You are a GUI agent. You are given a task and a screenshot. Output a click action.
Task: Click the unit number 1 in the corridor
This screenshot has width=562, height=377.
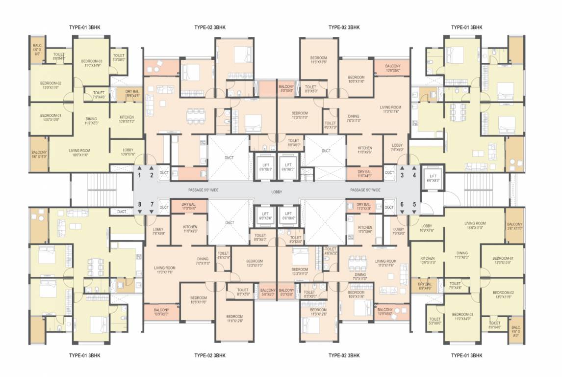[140, 175]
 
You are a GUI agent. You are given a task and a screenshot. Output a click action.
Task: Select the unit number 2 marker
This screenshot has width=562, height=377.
[152, 175]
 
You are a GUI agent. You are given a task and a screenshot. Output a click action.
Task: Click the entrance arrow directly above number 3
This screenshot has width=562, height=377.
[402, 167]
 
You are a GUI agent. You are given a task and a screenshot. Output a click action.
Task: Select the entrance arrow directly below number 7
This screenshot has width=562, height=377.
[152, 212]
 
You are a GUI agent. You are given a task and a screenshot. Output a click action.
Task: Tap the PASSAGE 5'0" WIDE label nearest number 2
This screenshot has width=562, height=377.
[204, 189]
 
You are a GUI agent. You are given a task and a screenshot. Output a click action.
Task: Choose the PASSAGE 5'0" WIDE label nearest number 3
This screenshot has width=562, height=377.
[365, 189]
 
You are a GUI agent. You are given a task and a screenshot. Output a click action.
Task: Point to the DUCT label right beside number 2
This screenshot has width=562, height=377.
[164, 172]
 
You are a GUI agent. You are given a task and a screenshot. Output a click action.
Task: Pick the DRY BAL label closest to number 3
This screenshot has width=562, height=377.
[365, 173]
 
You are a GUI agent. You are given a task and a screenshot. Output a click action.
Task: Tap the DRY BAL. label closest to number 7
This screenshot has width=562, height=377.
[189, 206]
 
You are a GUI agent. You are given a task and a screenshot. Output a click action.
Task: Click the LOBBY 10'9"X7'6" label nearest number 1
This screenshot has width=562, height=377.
[128, 152]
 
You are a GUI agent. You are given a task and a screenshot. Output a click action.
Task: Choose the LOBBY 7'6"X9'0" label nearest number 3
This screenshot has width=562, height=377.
[398, 147]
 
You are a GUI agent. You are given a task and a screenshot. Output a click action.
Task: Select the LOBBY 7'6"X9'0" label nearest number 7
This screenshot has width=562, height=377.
[158, 231]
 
